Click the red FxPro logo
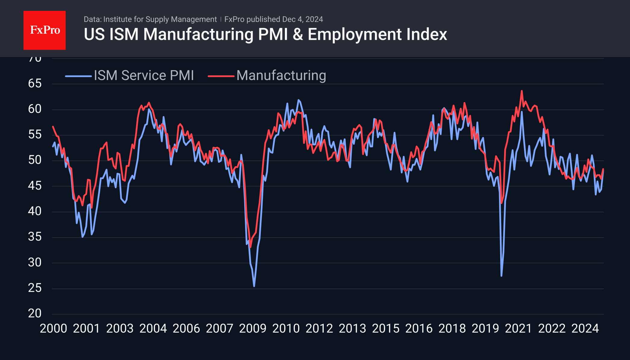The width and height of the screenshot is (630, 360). tap(45, 30)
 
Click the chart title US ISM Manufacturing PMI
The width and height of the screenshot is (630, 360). tap(265, 34)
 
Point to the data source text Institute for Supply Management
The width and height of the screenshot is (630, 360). tap(160, 19)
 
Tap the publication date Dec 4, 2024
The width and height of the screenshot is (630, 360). tap(302, 19)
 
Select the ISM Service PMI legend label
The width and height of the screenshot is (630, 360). tap(144, 75)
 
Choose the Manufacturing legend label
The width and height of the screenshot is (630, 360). tap(281, 75)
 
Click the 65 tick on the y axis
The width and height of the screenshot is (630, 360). tap(35, 83)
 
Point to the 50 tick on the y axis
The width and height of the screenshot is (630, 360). tap(35, 160)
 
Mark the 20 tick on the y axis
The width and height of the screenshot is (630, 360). tap(35, 313)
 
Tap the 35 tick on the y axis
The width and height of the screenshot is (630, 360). tap(35, 237)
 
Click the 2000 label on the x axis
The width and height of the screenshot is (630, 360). tap(53, 328)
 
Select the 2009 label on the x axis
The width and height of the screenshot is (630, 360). tap(253, 328)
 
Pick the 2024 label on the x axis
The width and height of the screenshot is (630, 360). tap(585, 328)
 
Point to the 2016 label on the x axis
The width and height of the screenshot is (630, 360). tap(419, 328)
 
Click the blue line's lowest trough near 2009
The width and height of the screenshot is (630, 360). tap(254, 286)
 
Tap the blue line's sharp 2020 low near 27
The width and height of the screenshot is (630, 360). tap(501, 275)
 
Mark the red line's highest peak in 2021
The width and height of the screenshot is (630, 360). tap(522, 91)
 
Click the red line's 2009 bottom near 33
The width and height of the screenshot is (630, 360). tap(251, 247)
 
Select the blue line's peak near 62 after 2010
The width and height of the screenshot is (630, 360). tap(298, 100)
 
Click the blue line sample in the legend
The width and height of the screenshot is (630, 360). tap(78, 76)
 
